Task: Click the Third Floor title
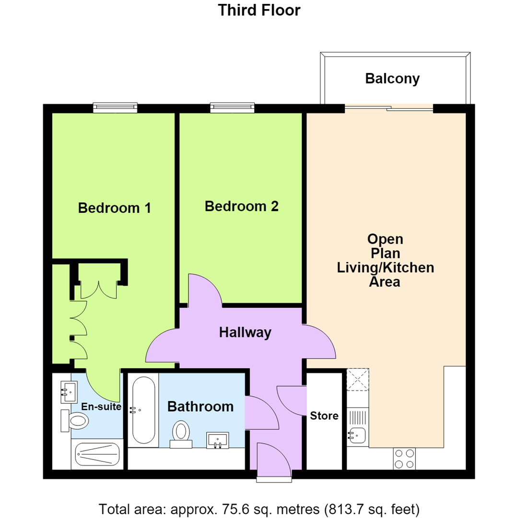pyautogui.click(x=259, y=10)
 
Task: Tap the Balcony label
pyautogui.click(x=392, y=79)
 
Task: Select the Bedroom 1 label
pyautogui.click(x=114, y=208)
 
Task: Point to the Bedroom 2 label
pyautogui.click(x=241, y=206)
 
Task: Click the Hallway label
pyautogui.click(x=245, y=332)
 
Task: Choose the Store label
pyautogui.click(x=324, y=415)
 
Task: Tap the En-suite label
pyautogui.click(x=101, y=406)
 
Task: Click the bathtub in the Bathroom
pyautogui.click(x=143, y=410)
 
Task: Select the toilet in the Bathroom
pyautogui.click(x=181, y=434)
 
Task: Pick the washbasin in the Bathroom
pyautogui.click(x=218, y=440)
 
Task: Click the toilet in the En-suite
pyautogui.click(x=75, y=421)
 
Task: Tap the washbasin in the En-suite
pyautogui.click(x=69, y=392)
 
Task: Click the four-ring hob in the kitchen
pyautogui.click(x=404, y=459)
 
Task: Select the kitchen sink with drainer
pyautogui.click(x=357, y=426)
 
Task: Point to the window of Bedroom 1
pyautogui.click(x=115, y=107)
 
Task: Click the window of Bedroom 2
pyautogui.click(x=233, y=107)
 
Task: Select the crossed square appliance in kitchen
pyautogui.click(x=358, y=379)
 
